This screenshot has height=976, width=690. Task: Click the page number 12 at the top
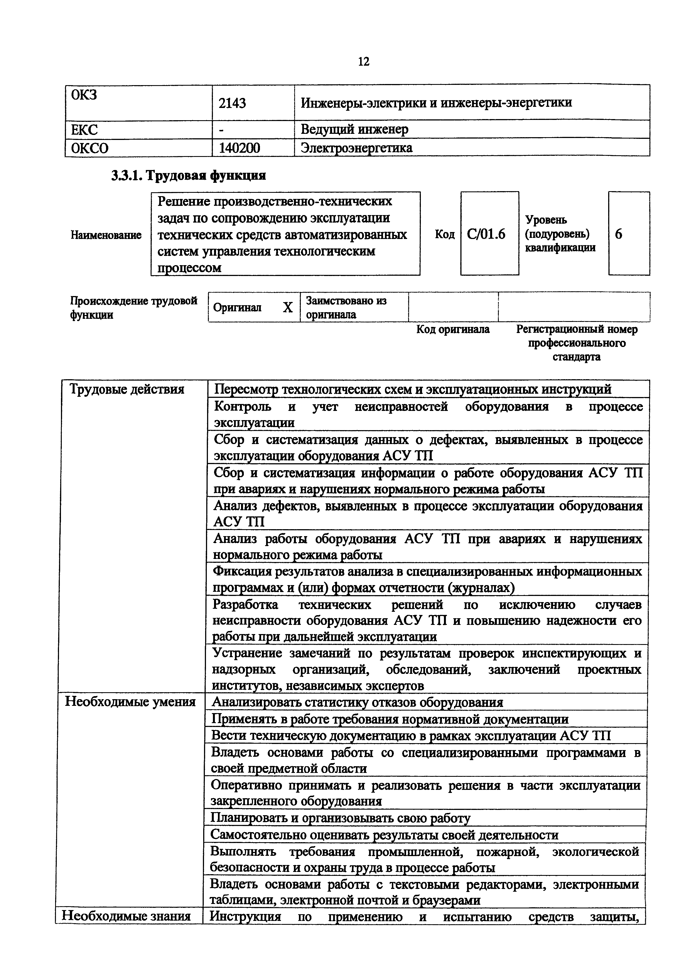pyautogui.click(x=364, y=62)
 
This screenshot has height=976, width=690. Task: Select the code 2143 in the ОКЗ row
pyautogui.click(x=232, y=103)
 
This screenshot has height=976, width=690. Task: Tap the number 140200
pyautogui.click(x=239, y=148)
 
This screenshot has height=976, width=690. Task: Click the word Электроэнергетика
pyautogui.click(x=356, y=148)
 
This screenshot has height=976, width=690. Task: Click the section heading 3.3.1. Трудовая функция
pyautogui.click(x=188, y=176)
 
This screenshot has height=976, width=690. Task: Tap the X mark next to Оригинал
pyautogui.click(x=288, y=308)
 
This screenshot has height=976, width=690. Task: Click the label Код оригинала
pyautogui.click(x=453, y=329)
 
